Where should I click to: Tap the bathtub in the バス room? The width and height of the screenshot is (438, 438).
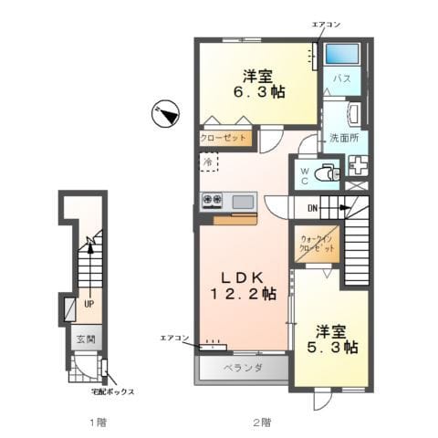[342, 54]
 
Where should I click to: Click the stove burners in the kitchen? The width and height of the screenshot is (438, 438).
[214, 200]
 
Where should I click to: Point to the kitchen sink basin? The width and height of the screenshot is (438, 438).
[243, 201]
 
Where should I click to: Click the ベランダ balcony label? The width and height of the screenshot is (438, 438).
[242, 369]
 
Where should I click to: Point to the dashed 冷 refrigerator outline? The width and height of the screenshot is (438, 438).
[208, 162]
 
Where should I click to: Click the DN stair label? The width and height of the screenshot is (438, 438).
[312, 208]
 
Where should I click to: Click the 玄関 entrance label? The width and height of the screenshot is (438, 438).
[86, 339]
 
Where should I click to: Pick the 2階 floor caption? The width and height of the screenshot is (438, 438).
[262, 422]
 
